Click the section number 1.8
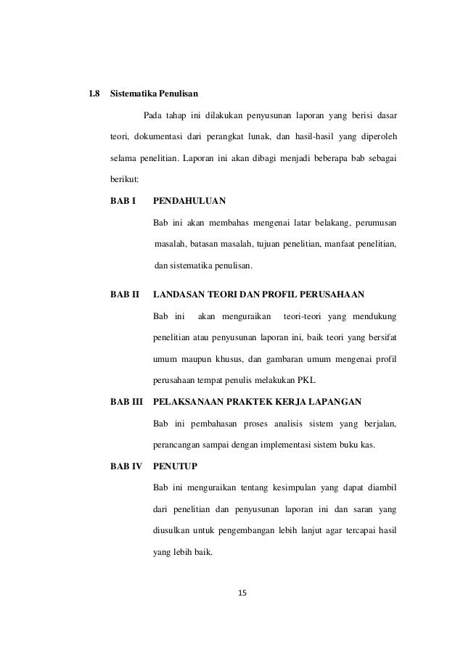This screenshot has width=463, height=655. (x=93, y=94)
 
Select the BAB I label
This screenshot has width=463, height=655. (x=123, y=199)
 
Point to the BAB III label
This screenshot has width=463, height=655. (x=126, y=402)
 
